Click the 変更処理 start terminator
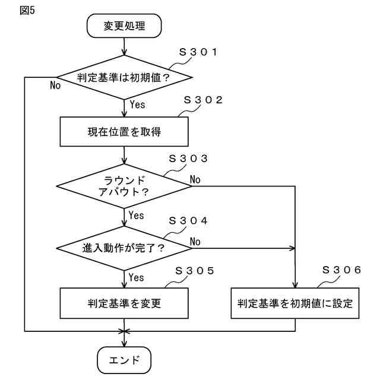point(124,26)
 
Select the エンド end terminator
point(124,360)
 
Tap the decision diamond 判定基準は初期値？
point(124,77)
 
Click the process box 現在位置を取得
point(124,132)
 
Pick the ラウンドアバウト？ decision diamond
point(124,186)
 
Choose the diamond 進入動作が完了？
point(124,247)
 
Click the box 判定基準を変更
point(124,303)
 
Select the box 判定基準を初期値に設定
point(295,303)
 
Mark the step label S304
point(188,220)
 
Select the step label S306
point(341,270)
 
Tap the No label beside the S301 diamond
point(55,85)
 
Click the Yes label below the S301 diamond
point(137,104)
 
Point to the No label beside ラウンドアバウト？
point(195,179)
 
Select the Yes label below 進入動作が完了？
point(137,277)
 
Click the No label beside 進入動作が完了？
point(195,241)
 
